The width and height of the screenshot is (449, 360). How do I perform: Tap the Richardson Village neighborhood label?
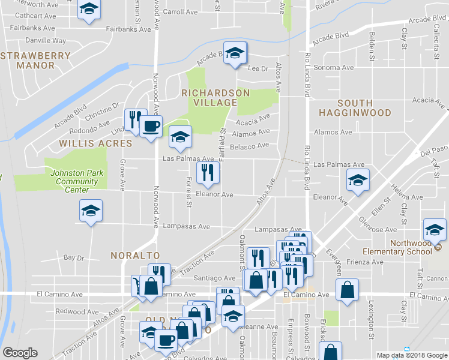(215, 98)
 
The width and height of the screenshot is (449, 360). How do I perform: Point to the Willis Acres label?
(95, 144)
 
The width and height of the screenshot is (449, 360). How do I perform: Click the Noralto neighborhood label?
(129, 255)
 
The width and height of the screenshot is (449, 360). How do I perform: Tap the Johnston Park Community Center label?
(77, 181)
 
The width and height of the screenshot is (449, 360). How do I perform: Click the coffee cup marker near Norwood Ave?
(150, 127)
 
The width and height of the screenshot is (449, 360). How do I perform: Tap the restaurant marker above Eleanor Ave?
(208, 173)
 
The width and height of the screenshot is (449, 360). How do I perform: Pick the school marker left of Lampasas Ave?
(91, 211)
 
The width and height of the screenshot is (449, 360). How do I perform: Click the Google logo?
(20, 353)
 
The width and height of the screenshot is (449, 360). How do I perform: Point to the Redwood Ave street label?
(76, 311)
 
